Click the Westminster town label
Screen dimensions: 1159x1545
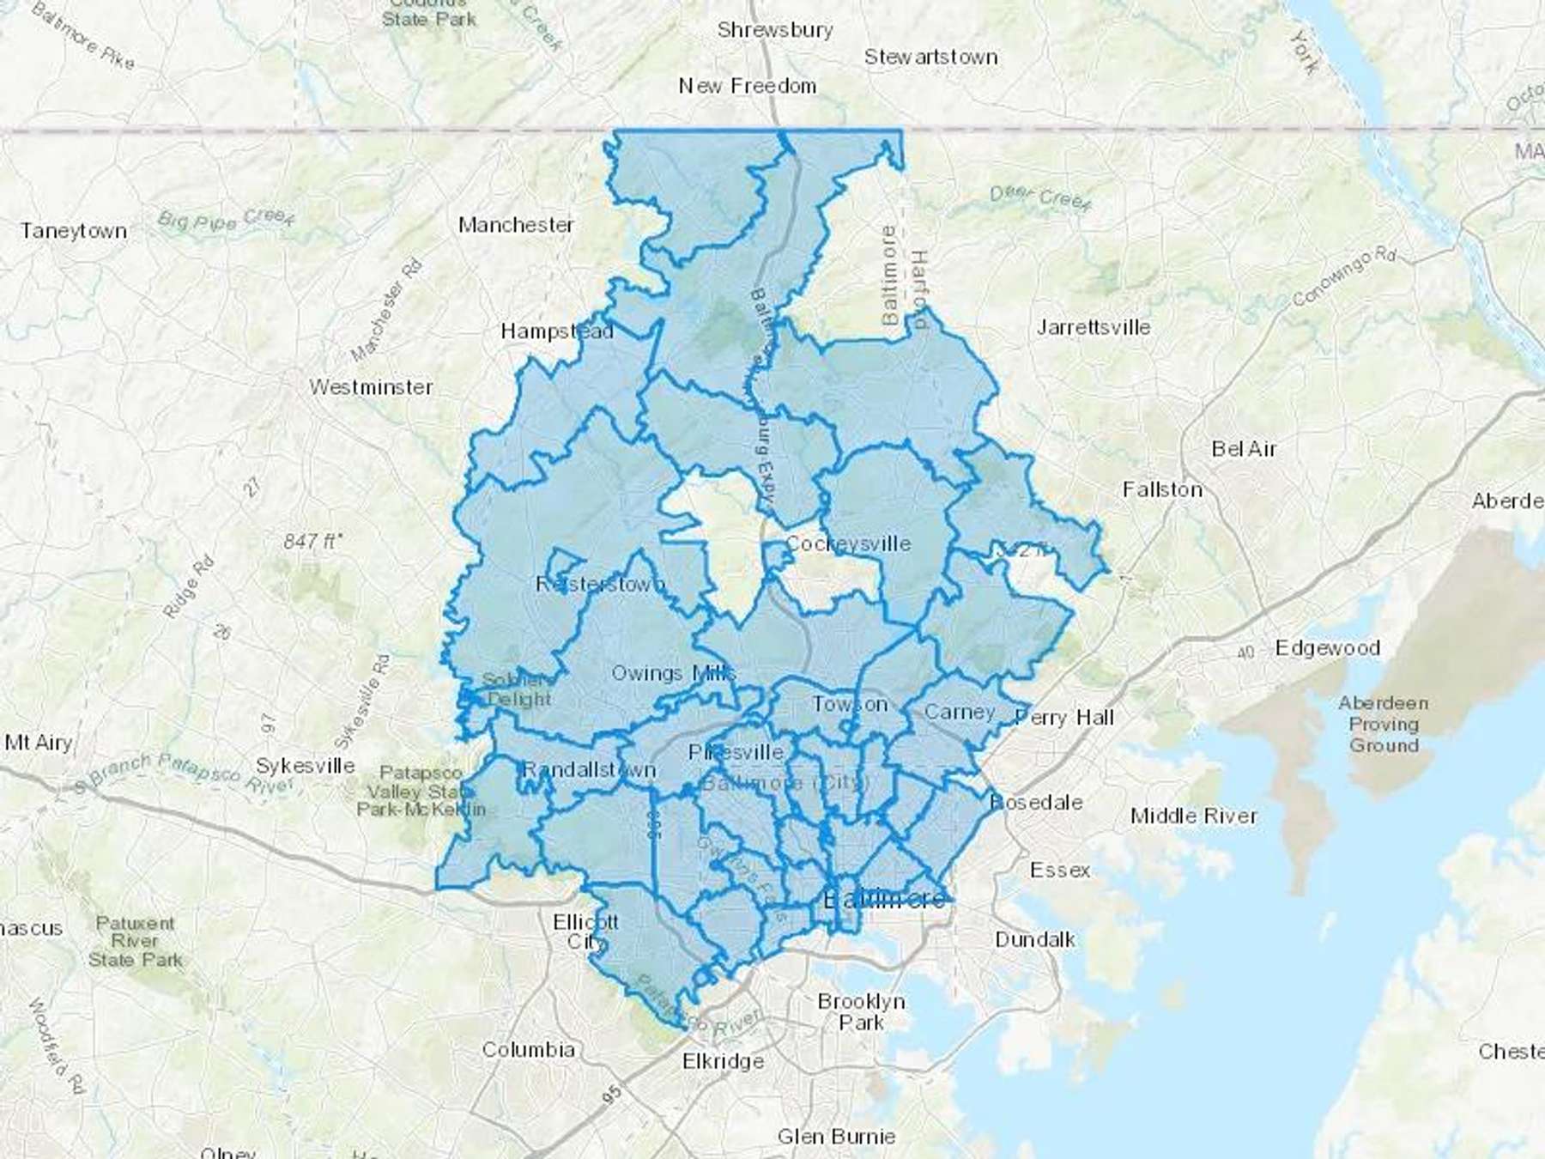click(x=371, y=387)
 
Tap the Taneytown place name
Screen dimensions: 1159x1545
click(x=74, y=231)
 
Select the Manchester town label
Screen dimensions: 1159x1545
click(x=515, y=225)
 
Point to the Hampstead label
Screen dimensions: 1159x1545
click(x=556, y=331)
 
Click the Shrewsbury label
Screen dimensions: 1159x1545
click(x=775, y=30)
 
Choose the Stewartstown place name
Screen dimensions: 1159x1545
click(x=930, y=58)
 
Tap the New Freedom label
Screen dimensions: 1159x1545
click(x=747, y=86)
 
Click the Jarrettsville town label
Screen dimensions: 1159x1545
click(x=1093, y=327)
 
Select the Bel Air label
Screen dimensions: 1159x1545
click(x=1244, y=449)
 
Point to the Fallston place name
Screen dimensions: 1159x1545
click(x=1162, y=489)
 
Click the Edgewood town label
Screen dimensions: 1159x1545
click(x=1327, y=648)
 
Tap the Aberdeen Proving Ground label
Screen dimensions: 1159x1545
click(x=1383, y=724)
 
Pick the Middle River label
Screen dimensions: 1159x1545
click(x=1193, y=816)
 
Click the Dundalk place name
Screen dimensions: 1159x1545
click(x=1034, y=939)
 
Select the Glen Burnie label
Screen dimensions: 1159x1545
click(x=836, y=1137)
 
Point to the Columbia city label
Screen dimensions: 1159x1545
click(x=528, y=1049)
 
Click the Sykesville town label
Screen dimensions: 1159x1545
click(x=306, y=765)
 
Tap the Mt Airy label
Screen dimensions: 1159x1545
click(x=39, y=743)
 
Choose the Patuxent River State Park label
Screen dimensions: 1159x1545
click(x=136, y=942)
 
